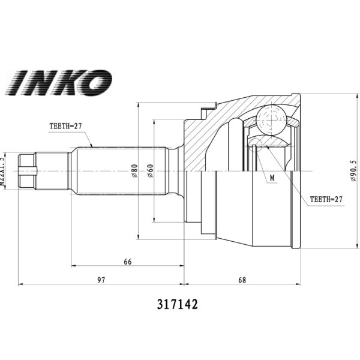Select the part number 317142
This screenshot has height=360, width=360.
coord(176,304)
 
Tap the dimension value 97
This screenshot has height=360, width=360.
coord(101,280)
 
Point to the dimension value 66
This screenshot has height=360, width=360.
coord(127,262)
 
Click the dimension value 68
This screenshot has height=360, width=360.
coord(242,280)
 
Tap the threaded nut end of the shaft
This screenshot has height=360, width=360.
coord(26,171)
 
